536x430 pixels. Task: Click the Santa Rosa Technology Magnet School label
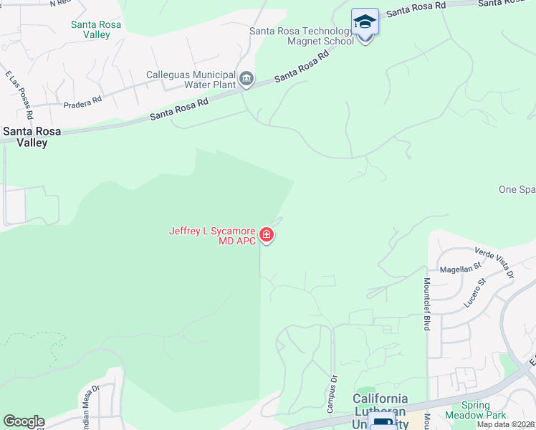point(302,36)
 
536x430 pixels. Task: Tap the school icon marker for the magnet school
point(365,21)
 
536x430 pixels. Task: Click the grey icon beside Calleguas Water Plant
point(247,78)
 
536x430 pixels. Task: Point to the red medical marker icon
point(267,234)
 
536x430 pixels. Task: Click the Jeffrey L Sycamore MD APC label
point(213,236)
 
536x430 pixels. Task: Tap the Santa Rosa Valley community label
point(26,137)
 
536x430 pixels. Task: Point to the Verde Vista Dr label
point(494,263)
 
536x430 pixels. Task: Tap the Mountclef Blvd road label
point(427,304)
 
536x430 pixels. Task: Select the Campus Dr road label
point(332,394)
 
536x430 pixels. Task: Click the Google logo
point(24,421)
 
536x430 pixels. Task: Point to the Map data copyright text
point(506,424)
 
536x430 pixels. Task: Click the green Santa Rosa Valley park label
point(96,29)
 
